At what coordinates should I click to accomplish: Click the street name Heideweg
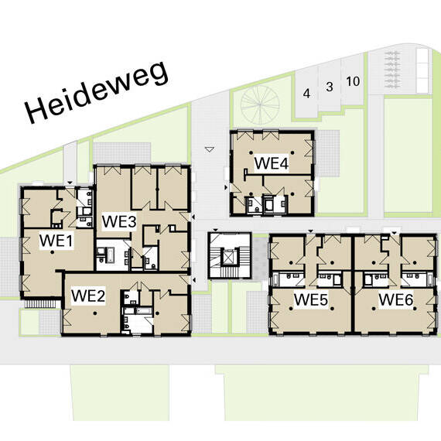[97, 92]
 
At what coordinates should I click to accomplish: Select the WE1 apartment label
[56, 241]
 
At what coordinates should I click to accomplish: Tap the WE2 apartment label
[88, 296]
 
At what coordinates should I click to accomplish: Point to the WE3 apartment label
[119, 221]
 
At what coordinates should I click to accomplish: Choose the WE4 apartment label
[271, 163]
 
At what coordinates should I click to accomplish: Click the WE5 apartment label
[311, 299]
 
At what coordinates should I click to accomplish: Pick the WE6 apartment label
[395, 299]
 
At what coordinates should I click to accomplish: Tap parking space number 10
[353, 81]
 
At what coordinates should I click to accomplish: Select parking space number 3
[330, 87]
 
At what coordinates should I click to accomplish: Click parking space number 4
[306, 93]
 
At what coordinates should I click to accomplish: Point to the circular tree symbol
[260, 104]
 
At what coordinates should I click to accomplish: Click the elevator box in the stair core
[230, 257]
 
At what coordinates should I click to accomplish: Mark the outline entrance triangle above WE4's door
[210, 149]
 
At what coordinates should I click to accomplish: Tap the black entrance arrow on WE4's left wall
[226, 187]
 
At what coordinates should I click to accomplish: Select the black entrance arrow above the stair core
[215, 231]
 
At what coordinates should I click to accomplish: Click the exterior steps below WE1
[43, 304]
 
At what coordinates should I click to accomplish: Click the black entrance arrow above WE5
[310, 231]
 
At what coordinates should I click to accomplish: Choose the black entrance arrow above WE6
[395, 233]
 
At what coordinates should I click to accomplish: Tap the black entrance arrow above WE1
[70, 183]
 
